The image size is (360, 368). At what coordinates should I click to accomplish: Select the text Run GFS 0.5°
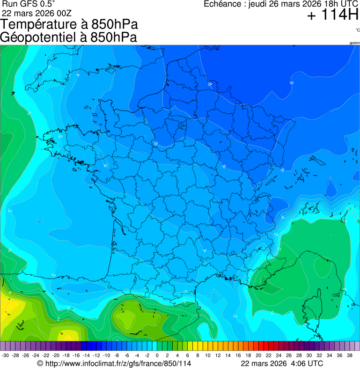point(29,4)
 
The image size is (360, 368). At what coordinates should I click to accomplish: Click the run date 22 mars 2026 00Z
point(37,13)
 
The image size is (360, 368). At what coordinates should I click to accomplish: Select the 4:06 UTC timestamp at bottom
point(308,363)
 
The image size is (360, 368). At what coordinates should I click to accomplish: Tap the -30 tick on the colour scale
point(6,355)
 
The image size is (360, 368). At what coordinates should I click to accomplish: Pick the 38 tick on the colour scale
point(349,355)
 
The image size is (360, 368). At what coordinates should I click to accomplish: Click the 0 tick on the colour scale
point(157,355)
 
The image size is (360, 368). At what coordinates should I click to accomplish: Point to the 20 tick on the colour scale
point(258,355)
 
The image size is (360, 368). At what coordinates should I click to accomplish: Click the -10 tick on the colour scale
point(107,355)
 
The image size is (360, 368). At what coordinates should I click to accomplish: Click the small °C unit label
point(357,30)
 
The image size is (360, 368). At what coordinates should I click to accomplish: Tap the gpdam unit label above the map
point(355,43)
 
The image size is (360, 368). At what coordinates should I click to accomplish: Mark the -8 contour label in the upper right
point(291,83)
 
